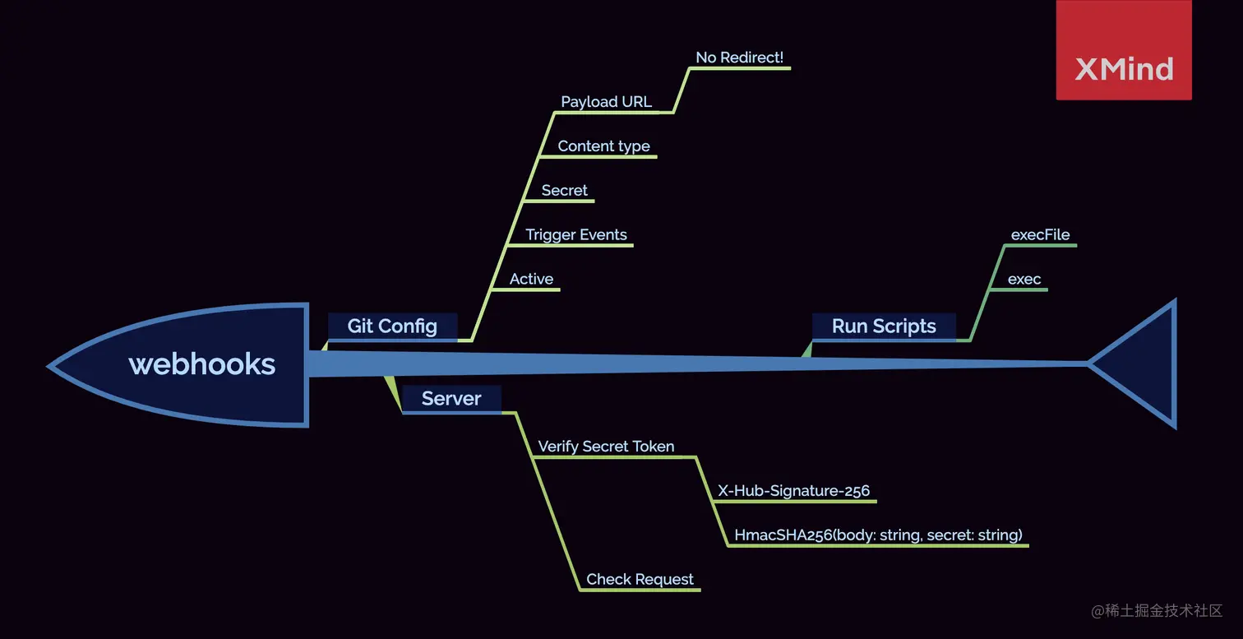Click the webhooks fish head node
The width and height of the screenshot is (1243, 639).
coord(201,364)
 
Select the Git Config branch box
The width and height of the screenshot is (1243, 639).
coord(392,326)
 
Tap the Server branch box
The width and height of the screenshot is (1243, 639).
coord(451,399)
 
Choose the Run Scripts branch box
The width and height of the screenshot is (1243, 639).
coord(884,326)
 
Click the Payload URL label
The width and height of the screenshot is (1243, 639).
coord(606,102)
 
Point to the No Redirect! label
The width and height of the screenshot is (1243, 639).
coord(739,58)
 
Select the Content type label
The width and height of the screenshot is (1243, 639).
coord(603,146)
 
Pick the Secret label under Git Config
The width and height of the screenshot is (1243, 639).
coord(564,191)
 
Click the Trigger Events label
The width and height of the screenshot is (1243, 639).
coord(576,235)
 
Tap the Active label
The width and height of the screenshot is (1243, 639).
coord(531,280)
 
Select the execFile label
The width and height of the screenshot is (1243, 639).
coord(1040,235)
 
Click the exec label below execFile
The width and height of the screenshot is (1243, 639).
coord(1024,280)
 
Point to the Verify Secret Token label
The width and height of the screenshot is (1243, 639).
coord(606,447)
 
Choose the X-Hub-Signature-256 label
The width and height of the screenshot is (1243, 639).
coord(793,491)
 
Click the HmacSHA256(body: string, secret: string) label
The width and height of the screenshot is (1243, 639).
coord(878,535)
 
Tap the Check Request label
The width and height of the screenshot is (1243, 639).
coord(640,580)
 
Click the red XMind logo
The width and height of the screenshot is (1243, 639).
coord(1124,51)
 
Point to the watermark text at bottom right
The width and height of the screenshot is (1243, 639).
coord(1158,610)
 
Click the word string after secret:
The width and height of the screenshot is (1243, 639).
coord(996,535)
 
